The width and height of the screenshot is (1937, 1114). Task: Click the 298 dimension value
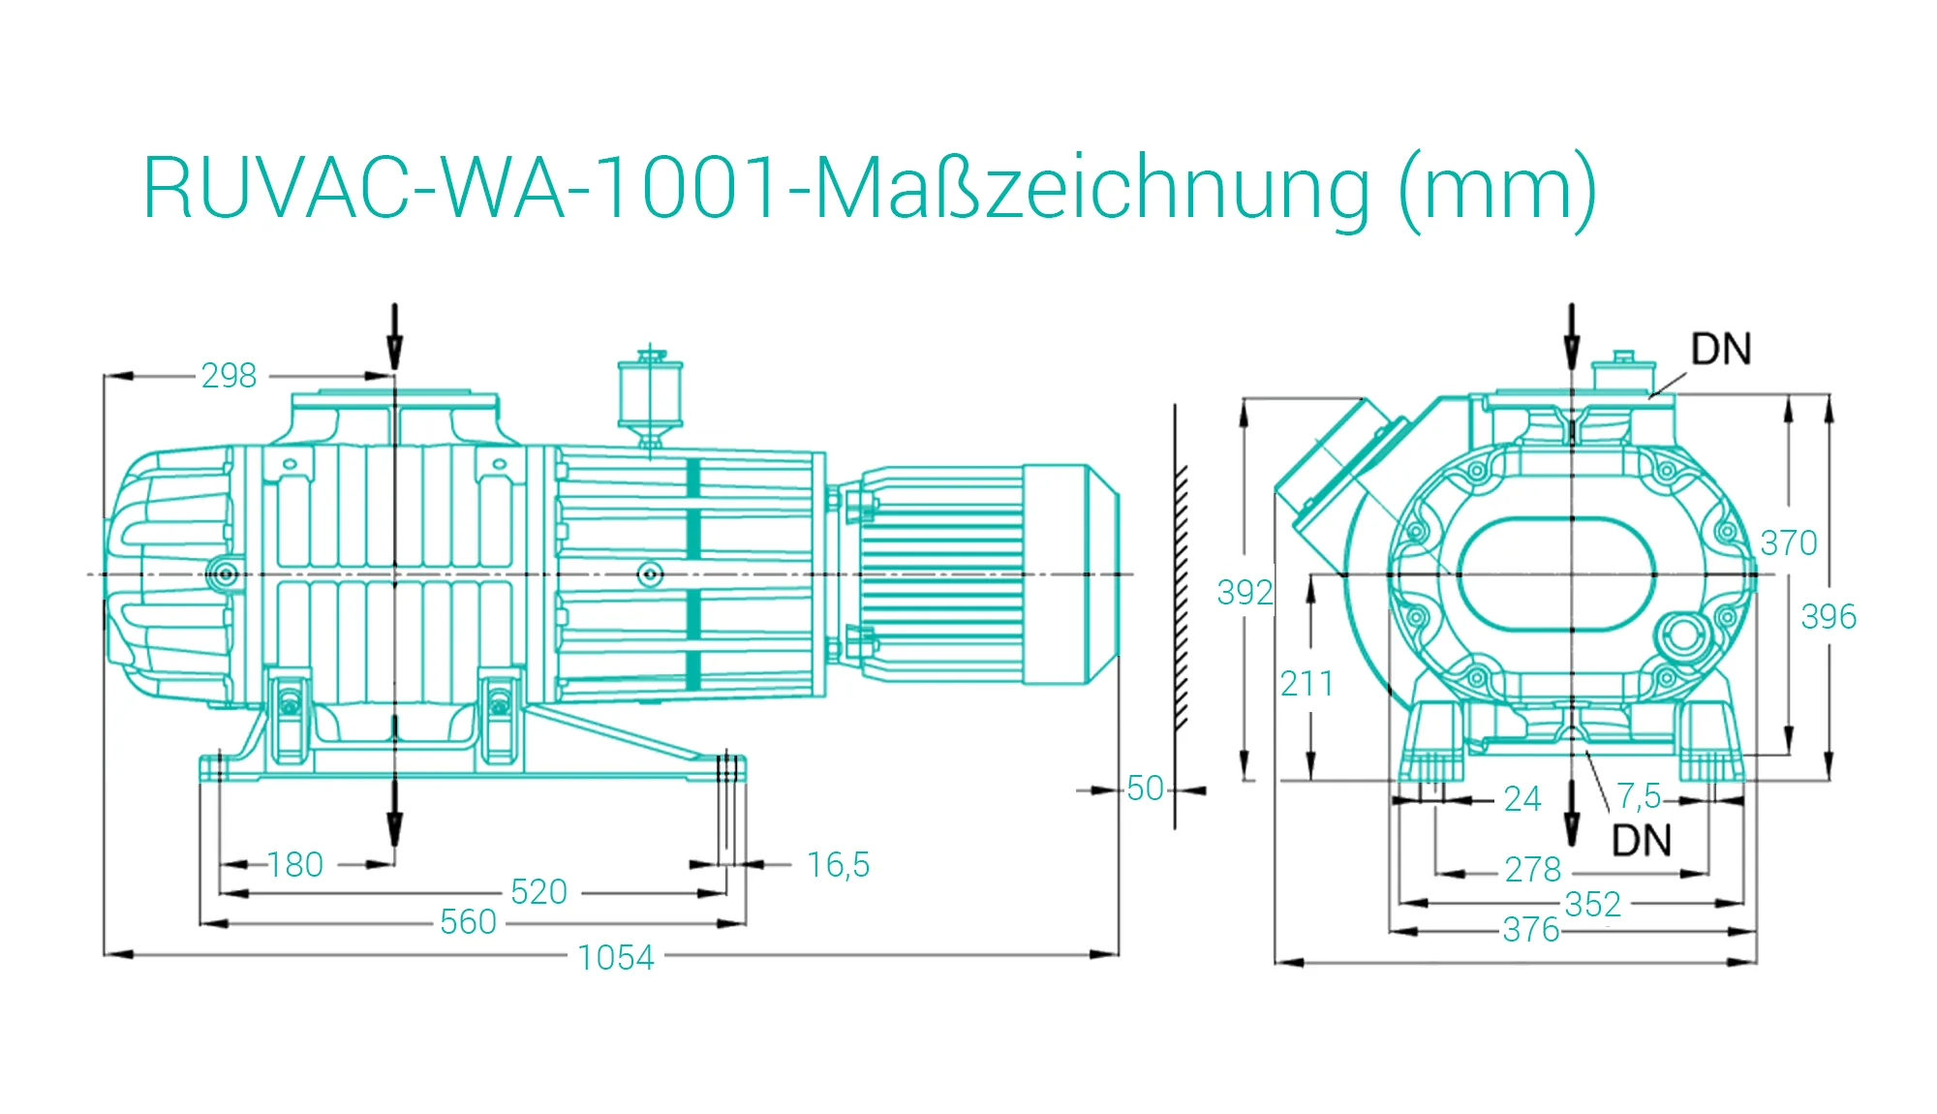[229, 375]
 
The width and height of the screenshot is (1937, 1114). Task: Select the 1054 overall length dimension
[616, 957]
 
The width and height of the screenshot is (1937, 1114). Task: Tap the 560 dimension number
[468, 921]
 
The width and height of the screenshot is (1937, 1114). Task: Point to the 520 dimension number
[538, 891]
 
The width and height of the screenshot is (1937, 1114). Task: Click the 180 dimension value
[295, 864]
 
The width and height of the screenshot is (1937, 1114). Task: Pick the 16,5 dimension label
[838, 864]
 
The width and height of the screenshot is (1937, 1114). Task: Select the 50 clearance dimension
[1145, 789]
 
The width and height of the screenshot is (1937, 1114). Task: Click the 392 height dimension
[1245, 592]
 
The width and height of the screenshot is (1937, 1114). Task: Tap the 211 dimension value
[1307, 684]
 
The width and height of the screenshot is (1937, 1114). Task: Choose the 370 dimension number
[1788, 542]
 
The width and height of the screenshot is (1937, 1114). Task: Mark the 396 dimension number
[1829, 616]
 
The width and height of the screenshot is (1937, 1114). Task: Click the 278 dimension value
[1532, 869]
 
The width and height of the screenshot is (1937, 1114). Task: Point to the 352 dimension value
[1592, 904]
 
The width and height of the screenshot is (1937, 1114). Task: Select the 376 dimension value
[1531, 930]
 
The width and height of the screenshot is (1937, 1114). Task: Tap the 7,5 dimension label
[1639, 796]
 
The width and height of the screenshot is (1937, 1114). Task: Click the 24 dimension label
[1522, 798]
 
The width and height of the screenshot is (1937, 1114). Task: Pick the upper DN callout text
[1721, 350]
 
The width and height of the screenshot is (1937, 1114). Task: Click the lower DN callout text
[1642, 841]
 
